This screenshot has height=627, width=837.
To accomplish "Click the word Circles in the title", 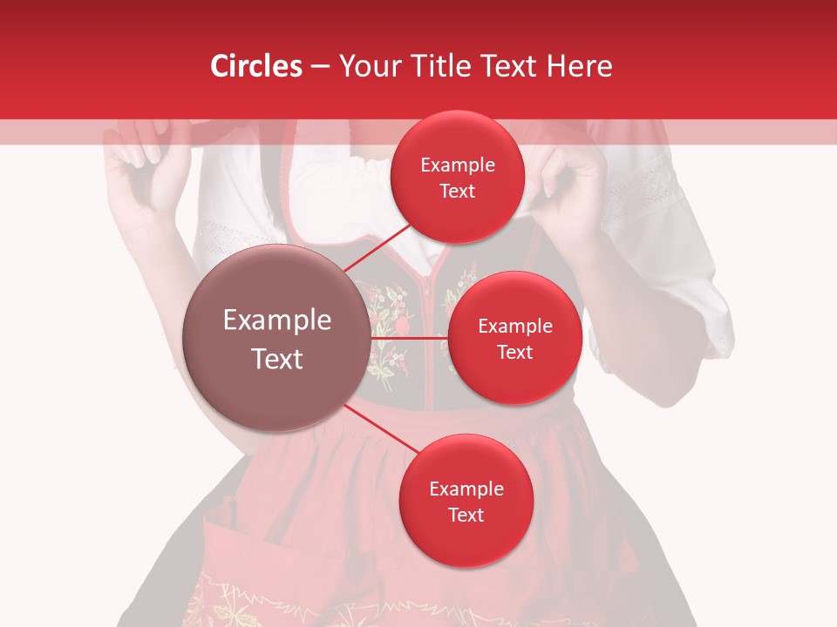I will coord(256,66).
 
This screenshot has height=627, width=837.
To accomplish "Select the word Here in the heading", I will coord(579,66).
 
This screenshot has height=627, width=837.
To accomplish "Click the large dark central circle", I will coord(276,338).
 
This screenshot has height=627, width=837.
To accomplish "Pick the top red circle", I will coord(457,177).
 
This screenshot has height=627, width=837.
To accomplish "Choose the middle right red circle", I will coord(514,338).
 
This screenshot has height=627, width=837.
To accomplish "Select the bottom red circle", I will coord(466,501).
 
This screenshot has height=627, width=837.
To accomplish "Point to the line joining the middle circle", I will coord(410,338).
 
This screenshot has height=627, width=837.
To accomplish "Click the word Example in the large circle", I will coord(276,320).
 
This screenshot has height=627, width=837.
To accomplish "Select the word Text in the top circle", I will coord(457,192).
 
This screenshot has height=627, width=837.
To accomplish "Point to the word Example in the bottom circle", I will coord(466,489).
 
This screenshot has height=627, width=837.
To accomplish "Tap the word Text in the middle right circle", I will coord(514,353).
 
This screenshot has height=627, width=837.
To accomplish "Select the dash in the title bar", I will coord(319,66).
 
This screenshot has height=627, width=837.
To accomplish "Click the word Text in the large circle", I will coord(276,359).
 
